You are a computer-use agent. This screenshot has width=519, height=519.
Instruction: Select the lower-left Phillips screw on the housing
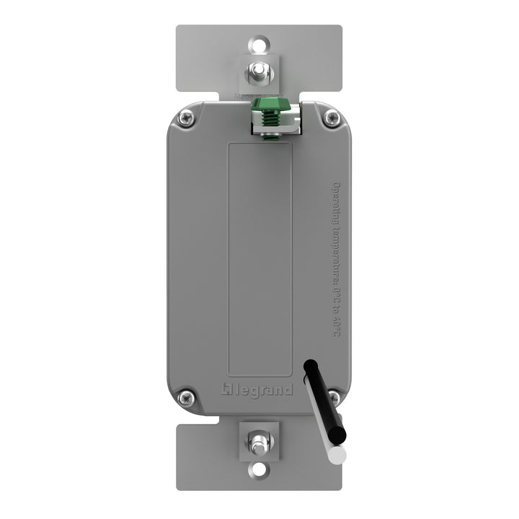pos(186,396)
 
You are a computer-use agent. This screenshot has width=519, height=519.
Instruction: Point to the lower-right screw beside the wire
pos(334,396)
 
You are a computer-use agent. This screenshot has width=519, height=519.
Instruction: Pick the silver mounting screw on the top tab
pos(259,72)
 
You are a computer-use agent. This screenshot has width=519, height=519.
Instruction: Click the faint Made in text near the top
pos(244,97)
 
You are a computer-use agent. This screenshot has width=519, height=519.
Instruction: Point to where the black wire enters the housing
pos(309,367)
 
